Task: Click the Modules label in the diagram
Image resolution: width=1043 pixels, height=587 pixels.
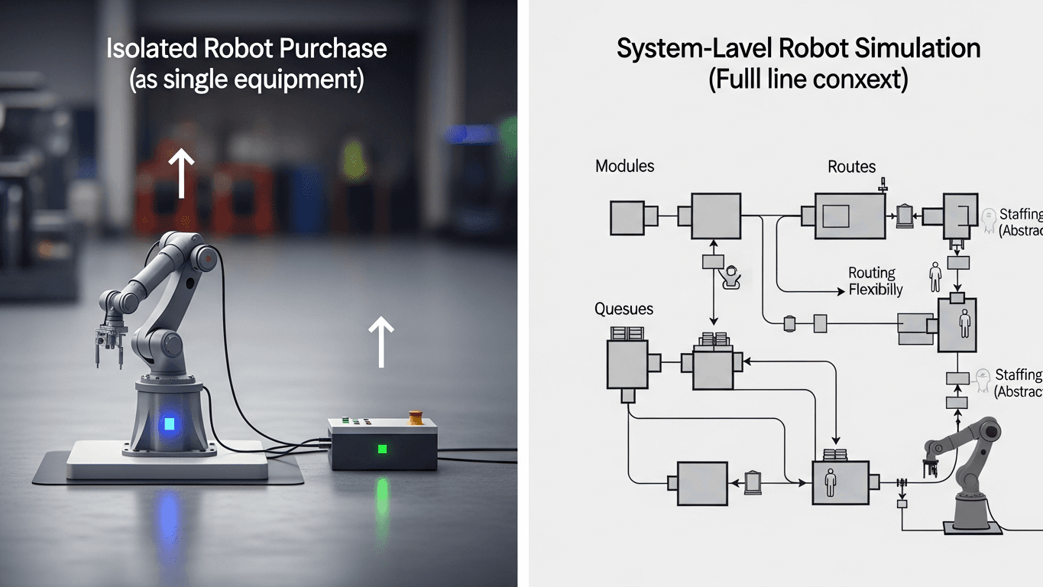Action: (624, 166)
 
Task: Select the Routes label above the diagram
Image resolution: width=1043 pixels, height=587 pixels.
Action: (851, 166)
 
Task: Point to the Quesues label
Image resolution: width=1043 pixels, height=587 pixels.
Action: (624, 309)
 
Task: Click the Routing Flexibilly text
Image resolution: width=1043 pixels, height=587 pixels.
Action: (874, 281)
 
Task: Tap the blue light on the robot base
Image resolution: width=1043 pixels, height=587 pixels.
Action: (168, 423)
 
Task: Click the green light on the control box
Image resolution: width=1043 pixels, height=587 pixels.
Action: (382, 449)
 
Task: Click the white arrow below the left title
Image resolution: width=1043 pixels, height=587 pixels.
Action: (180, 173)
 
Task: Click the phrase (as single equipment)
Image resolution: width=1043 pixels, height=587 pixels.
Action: (246, 79)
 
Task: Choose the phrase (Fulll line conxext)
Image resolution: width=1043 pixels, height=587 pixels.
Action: (808, 80)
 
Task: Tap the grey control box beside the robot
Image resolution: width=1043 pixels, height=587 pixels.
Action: (382, 444)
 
